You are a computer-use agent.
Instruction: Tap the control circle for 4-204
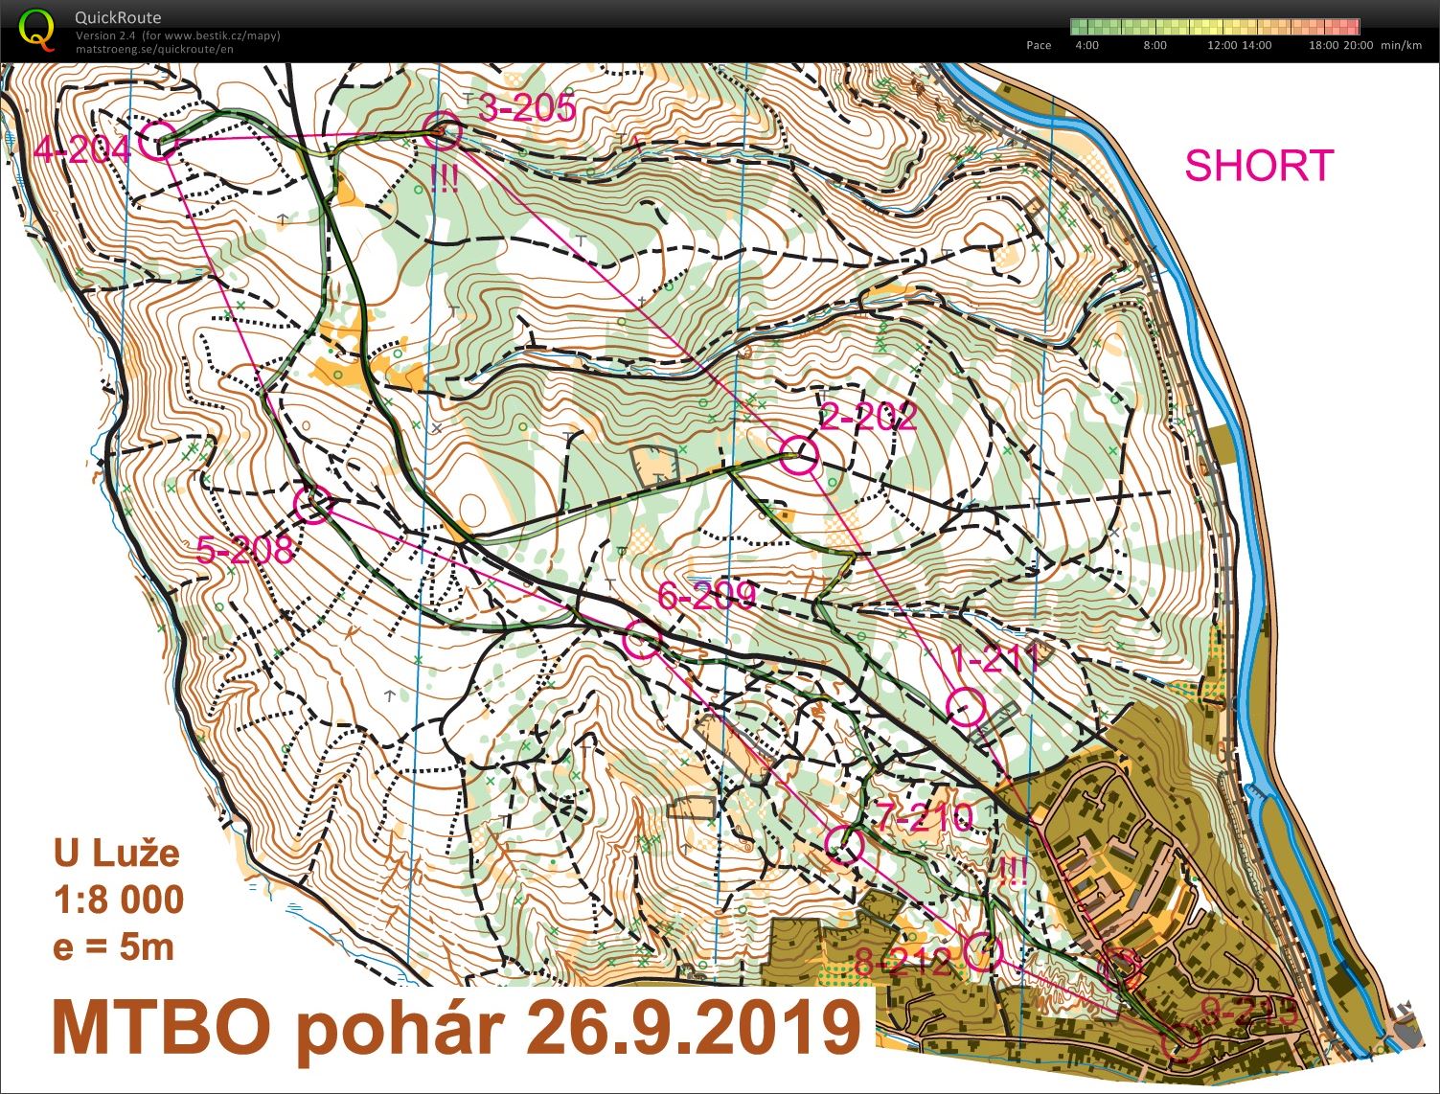[x=158, y=140]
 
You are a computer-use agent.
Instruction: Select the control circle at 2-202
[x=798, y=454]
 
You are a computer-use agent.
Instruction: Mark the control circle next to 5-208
[x=311, y=504]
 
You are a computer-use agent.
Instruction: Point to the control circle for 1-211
[x=965, y=707]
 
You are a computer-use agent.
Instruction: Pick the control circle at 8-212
[x=982, y=952]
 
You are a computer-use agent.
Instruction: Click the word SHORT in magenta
[x=1259, y=166]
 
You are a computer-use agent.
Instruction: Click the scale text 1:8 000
[x=119, y=900]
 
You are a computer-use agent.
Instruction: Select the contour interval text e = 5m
[x=114, y=946]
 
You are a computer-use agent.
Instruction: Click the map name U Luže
[x=116, y=853]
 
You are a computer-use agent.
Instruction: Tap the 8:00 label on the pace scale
[x=1155, y=45]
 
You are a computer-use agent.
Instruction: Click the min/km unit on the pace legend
[x=1401, y=45]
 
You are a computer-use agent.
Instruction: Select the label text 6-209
[x=707, y=596]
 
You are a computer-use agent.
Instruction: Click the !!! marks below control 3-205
[x=444, y=178]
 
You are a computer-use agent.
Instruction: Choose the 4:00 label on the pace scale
[x=1087, y=45]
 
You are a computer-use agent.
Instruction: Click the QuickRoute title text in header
[x=118, y=17]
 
